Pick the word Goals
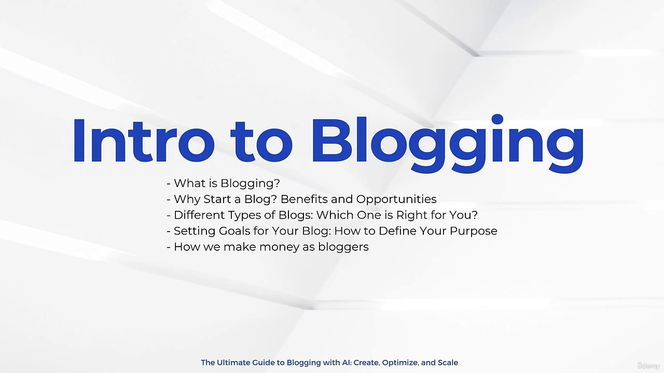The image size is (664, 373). (227, 231)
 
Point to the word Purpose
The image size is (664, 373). (473, 231)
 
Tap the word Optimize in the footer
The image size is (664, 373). (399, 363)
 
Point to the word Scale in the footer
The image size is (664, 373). (448, 363)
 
